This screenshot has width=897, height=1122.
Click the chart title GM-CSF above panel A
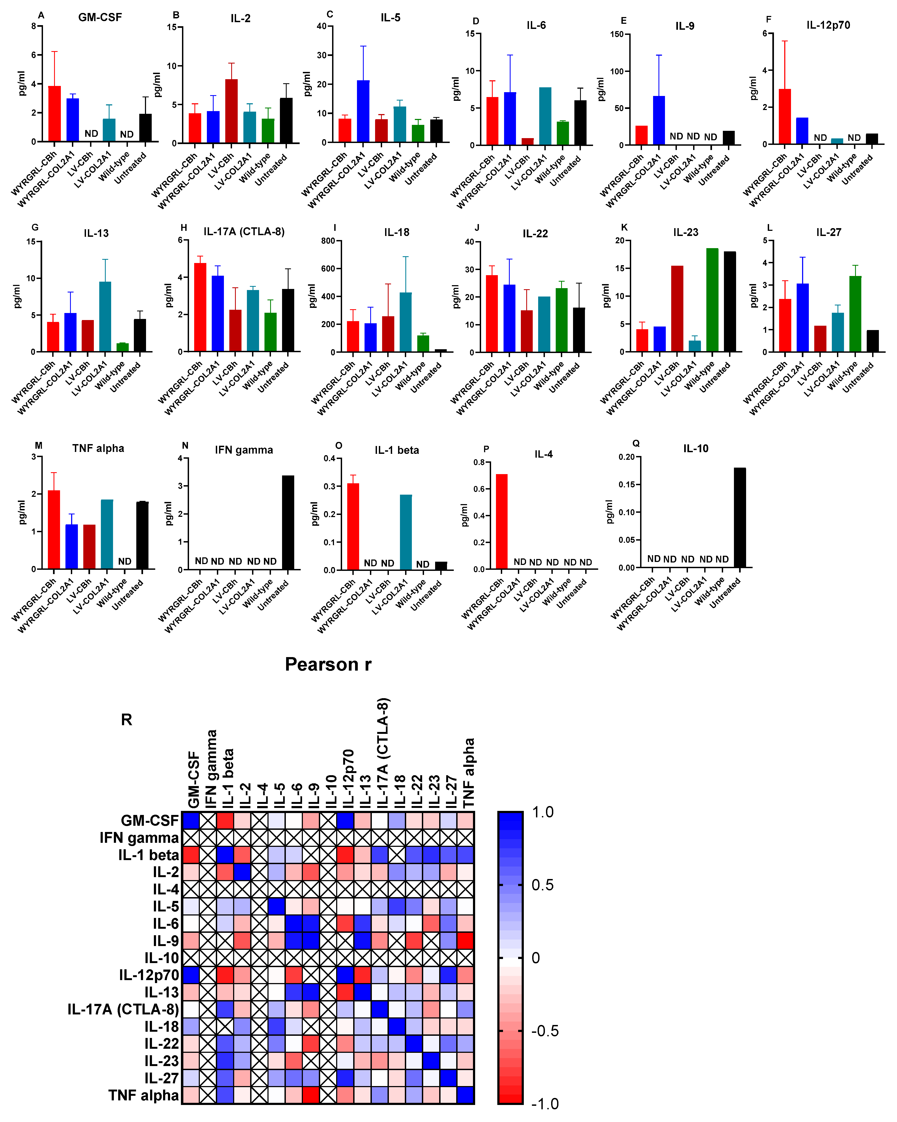[x=100, y=17]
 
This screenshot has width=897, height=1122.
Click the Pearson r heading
[x=328, y=665]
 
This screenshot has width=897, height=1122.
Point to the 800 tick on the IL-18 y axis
[x=328, y=241]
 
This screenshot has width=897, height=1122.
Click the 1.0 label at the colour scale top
[x=542, y=812]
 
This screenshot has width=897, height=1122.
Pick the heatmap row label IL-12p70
[x=149, y=975]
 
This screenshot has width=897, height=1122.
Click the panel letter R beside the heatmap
[x=127, y=720]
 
